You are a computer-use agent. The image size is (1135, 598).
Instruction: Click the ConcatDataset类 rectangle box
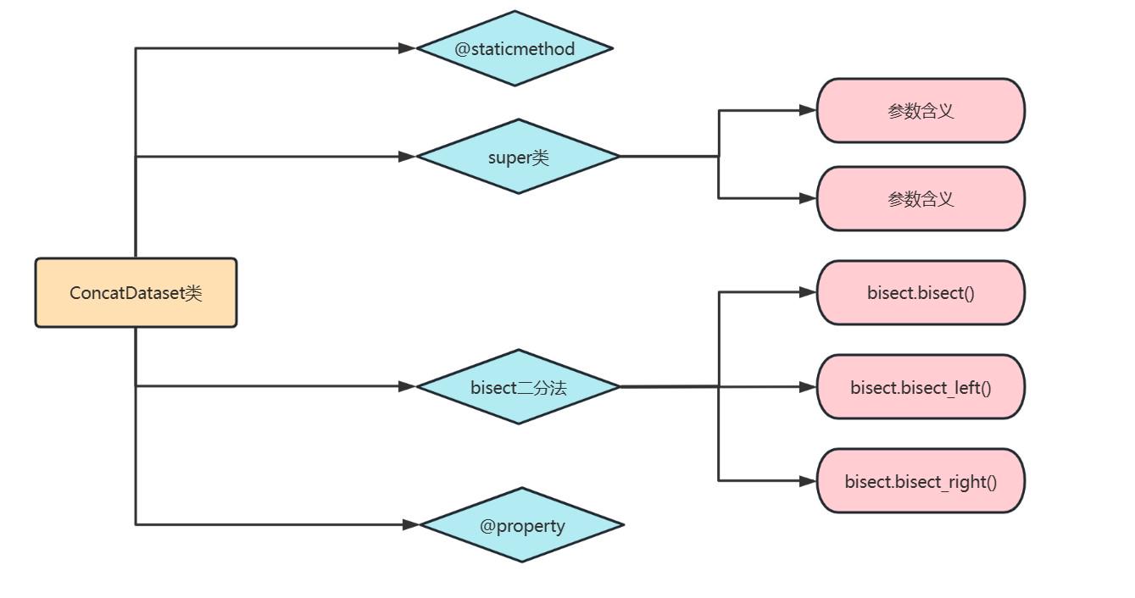(x=136, y=292)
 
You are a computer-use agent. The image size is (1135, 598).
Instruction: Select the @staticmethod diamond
(x=515, y=48)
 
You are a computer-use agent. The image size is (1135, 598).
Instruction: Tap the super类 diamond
(x=518, y=157)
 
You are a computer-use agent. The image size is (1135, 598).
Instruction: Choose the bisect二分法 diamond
(x=518, y=387)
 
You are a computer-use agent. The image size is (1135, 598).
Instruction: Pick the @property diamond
(x=522, y=525)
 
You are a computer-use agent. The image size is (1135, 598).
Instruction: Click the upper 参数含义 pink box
(x=921, y=111)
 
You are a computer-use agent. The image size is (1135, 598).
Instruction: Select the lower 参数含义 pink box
(x=921, y=199)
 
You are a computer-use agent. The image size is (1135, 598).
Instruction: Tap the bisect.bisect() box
(x=921, y=293)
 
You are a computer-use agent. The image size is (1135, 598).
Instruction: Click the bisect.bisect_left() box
(x=921, y=388)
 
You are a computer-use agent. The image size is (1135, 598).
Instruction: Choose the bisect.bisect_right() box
(x=921, y=481)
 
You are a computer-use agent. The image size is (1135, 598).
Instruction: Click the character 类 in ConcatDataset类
(x=194, y=293)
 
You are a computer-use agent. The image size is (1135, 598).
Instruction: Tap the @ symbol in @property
(x=487, y=526)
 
